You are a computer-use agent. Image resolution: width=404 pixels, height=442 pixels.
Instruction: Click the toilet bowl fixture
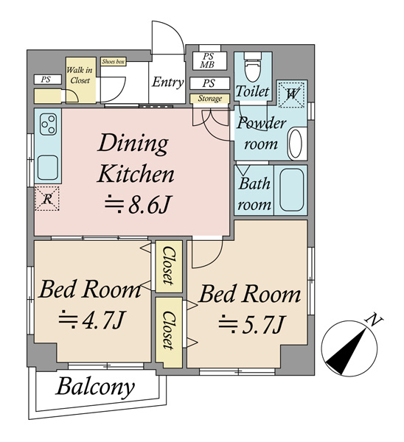tap(253, 69)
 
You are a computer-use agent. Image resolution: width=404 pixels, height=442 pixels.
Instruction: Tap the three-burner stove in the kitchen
tap(48, 124)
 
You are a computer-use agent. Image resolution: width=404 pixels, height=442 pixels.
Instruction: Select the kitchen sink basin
tap(48, 167)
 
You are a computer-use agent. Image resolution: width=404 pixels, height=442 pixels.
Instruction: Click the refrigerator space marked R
tap(47, 198)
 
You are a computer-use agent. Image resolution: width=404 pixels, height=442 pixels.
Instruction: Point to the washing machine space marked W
tap(291, 94)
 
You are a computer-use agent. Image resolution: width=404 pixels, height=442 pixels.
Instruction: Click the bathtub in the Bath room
tap(292, 190)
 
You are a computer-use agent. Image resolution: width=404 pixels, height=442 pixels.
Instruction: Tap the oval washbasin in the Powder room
tap(296, 143)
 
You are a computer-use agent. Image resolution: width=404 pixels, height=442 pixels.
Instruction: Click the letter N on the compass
tap(374, 320)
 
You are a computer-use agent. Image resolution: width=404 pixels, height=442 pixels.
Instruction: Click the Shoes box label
tap(113, 61)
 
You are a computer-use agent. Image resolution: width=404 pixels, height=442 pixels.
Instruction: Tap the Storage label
tap(209, 99)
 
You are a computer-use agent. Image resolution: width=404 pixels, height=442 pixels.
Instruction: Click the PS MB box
tap(209, 60)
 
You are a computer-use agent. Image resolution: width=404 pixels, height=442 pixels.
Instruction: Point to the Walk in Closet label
tap(80, 75)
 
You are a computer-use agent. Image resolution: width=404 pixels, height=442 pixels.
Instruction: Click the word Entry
tap(168, 83)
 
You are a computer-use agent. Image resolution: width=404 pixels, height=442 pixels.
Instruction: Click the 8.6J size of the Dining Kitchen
tap(138, 205)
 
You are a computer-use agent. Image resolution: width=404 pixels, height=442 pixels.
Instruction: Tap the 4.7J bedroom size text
tap(91, 320)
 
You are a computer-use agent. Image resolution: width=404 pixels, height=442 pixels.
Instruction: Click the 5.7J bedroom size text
tap(252, 324)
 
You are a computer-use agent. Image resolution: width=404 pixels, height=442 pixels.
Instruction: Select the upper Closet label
tap(169, 265)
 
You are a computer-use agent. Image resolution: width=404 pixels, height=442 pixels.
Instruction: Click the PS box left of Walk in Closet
tap(47, 80)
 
